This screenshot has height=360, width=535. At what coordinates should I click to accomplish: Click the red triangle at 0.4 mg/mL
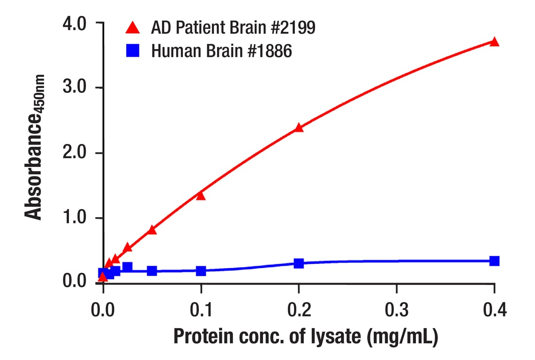click(494, 42)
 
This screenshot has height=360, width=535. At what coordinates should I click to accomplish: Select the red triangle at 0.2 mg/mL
click(299, 127)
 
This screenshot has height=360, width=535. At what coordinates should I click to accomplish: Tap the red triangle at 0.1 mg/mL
click(201, 195)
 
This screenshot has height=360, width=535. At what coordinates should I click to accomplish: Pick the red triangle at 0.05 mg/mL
click(152, 230)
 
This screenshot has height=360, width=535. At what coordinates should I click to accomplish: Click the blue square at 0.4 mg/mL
click(494, 261)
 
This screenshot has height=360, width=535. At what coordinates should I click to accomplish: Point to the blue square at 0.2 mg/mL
click(299, 263)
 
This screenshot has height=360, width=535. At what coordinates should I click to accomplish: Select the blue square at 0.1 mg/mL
click(201, 270)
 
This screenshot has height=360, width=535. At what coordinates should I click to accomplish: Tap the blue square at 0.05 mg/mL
click(152, 270)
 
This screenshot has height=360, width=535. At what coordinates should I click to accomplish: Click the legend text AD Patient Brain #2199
click(233, 28)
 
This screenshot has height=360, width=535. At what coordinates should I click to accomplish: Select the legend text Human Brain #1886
click(221, 51)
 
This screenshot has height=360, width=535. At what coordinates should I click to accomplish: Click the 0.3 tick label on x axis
click(396, 310)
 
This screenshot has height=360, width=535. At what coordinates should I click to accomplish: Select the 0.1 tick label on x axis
click(201, 310)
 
